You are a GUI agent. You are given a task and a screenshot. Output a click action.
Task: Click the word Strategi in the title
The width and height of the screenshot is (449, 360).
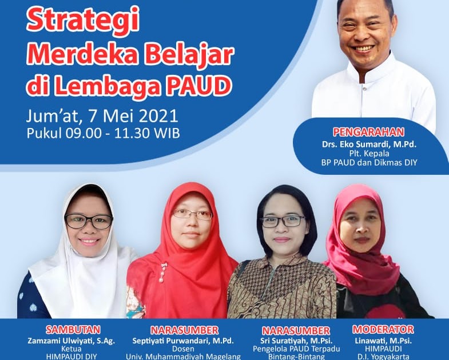click(x=76, y=21)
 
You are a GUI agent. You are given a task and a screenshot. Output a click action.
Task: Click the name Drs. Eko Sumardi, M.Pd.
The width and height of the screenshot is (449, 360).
click(x=368, y=143)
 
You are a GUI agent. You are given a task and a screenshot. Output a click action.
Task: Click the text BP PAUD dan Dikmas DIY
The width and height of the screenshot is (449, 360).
click(x=368, y=163)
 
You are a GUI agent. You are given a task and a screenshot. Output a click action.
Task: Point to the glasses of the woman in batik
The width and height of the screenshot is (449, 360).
click(x=283, y=221)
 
